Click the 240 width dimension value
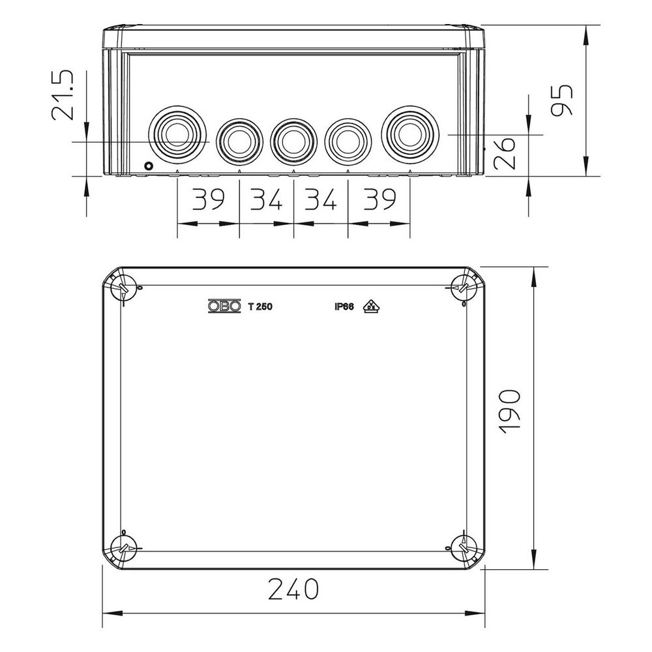pyautogui.click(x=293, y=589)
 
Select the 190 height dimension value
pyautogui.click(x=509, y=412)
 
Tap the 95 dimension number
pyautogui.click(x=561, y=100)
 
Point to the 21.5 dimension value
pyautogui.click(x=63, y=95)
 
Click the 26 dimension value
pyautogui.click(x=504, y=153)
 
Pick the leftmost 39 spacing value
pyautogui.click(x=209, y=199)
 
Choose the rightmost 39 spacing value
pyautogui.click(x=379, y=199)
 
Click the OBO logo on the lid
pyautogui.click(x=224, y=306)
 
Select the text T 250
pyautogui.click(x=260, y=306)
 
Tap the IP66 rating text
pyautogui.click(x=344, y=306)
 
